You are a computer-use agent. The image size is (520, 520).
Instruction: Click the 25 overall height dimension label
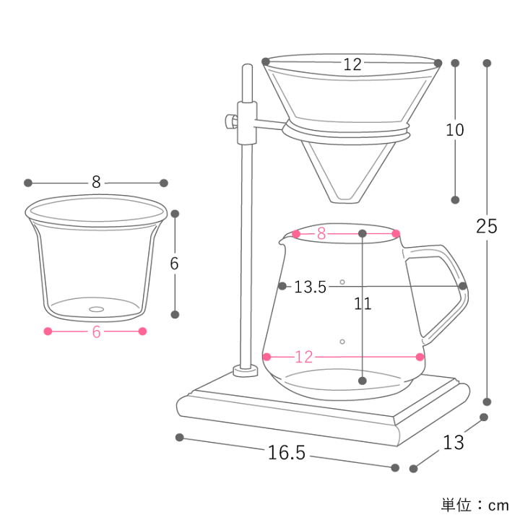tap(487, 226)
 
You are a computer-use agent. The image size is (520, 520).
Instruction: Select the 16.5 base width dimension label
tap(287, 453)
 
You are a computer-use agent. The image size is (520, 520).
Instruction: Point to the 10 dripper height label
tap(455, 130)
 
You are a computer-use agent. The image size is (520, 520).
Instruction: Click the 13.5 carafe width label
tap(310, 287)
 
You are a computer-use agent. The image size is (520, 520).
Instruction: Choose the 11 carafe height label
tap(363, 303)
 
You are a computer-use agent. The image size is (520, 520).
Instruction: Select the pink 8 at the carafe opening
tap(321, 233)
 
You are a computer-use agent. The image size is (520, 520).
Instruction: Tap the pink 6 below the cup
tap(95, 331)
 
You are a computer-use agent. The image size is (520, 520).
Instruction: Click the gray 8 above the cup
tap(96, 182)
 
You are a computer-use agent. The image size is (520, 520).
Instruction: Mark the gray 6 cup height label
tap(174, 264)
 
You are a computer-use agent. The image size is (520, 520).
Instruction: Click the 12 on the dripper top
tap(352, 64)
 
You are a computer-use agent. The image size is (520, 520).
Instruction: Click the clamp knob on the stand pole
tap(230, 121)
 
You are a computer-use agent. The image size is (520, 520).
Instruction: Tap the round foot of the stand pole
tap(246, 372)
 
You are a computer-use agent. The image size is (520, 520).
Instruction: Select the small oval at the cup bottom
tap(95, 310)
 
